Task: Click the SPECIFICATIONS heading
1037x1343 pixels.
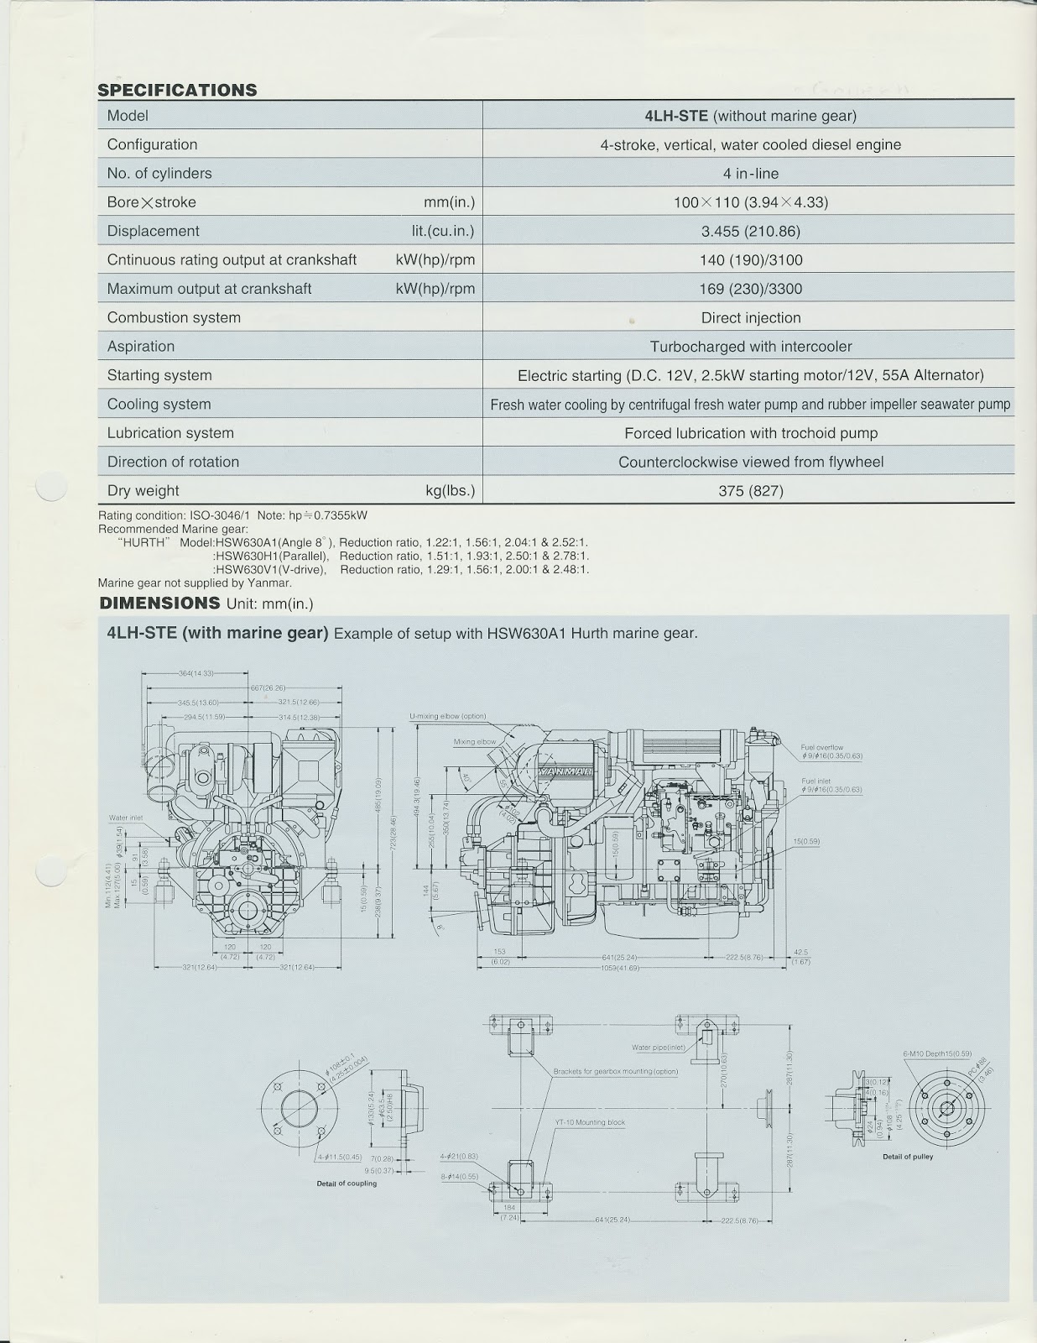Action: [177, 90]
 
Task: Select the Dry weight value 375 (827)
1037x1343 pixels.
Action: [750, 491]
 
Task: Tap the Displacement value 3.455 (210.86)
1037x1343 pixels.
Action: [750, 231]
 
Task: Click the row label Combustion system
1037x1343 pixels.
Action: [174, 317]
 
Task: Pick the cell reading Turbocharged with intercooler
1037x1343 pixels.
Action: [750, 347]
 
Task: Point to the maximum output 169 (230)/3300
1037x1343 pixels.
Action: [750, 289]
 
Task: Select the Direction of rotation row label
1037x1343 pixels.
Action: [173, 462]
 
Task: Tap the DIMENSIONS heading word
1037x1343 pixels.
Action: [159, 603]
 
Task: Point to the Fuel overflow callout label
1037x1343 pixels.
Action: [821, 747]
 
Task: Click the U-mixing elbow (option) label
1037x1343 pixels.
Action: [447, 716]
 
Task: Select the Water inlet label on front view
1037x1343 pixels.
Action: [125, 817]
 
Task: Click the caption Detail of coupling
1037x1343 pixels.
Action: [347, 1184]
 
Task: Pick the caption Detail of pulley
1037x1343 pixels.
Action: [907, 1157]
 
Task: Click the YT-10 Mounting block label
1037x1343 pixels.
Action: [590, 1122]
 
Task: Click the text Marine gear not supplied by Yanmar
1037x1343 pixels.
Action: [195, 583]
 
